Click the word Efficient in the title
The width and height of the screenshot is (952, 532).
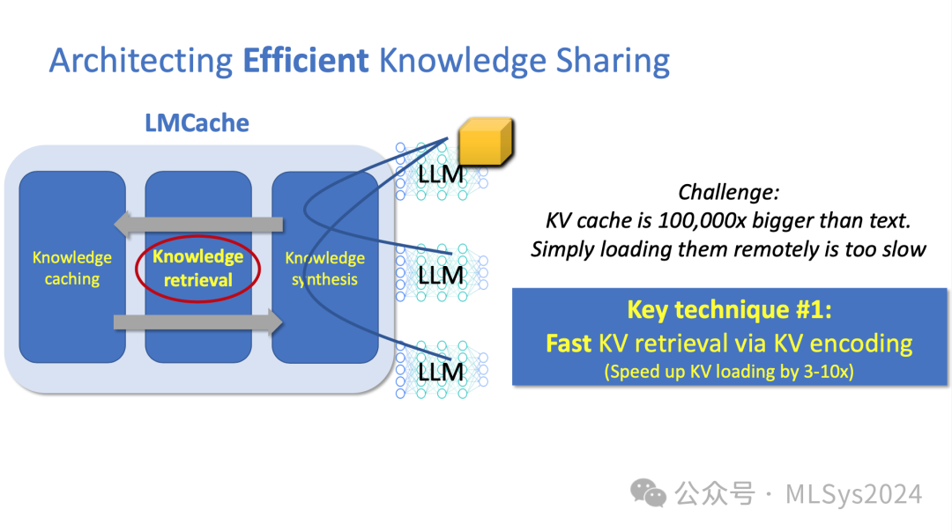305,61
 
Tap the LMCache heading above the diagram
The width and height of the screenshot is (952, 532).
197,122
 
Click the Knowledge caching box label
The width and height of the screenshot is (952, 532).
72,268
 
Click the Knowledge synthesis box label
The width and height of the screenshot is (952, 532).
324,268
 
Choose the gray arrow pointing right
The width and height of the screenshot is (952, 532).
199,322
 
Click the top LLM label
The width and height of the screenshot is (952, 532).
441,174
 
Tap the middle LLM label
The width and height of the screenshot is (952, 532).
441,276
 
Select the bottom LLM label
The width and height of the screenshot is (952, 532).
441,372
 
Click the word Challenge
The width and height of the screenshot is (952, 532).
728,192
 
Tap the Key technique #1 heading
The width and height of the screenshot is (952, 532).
729,310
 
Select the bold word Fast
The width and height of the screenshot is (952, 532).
569,343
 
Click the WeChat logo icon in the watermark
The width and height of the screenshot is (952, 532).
652,493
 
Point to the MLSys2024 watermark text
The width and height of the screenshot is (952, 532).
853,494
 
